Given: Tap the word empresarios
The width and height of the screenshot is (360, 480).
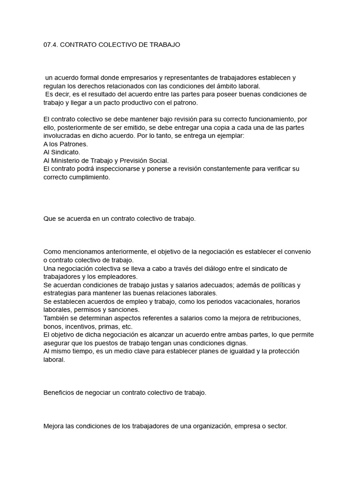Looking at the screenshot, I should click(133, 78).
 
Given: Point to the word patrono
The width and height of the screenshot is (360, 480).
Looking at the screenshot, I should click(187, 102).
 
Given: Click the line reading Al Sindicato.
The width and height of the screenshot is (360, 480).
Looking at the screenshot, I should click(61, 152).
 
